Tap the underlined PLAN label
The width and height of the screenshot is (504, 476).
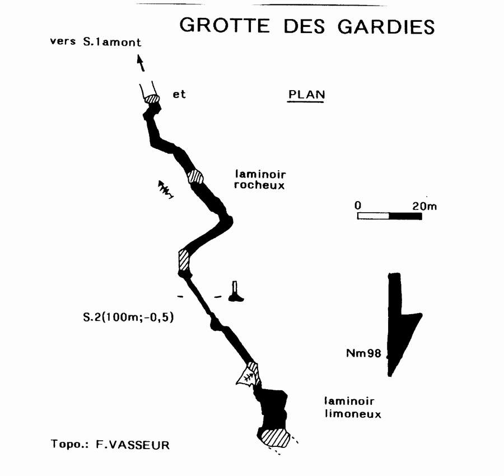tap(306, 95)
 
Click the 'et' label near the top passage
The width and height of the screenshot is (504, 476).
tap(179, 95)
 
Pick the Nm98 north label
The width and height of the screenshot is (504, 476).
tap(362, 353)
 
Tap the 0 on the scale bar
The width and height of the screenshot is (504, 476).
tap(358, 206)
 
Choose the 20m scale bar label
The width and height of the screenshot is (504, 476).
tap(424, 206)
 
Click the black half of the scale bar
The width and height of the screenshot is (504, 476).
tap(405, 216)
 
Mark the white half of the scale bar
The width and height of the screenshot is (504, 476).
tap(374, 216)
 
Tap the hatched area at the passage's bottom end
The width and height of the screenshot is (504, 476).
tap(274, 437)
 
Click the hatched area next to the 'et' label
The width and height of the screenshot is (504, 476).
tap(152, 99)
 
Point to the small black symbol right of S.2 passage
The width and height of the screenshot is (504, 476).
tap(235, 292)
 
